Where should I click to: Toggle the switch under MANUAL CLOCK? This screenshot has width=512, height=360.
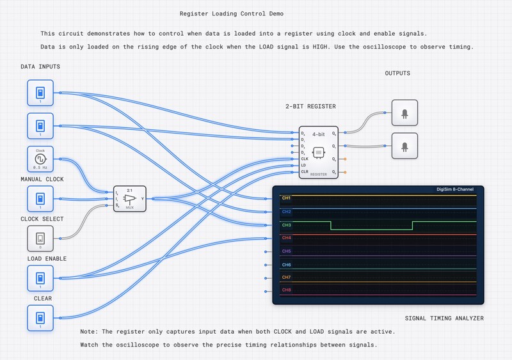pyautogui.click(x=40, y=198)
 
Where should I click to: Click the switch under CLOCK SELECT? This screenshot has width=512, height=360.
pyautogui.click(x=40, y=238)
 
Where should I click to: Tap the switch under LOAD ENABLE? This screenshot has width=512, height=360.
pyautogui.click(x=40, y=278)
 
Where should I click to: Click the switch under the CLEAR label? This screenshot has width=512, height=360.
pyautogui.click(x=40, y=318)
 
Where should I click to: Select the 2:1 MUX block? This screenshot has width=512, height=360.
pyautogui.click(x=130, y=198)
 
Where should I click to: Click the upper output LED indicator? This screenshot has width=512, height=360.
pyautogui.click(x=404, y=113)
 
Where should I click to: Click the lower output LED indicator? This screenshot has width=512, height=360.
pyautogui.click(x=404, y=146)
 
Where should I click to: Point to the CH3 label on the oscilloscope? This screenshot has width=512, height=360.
pyautogui.click(x=286, y=224)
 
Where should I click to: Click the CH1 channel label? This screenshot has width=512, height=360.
pyautogui.click(x=286, y=198)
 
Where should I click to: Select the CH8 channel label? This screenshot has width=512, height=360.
pyautogui.click(x=286, y=290)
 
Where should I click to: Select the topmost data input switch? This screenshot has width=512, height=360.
pyautogui.click(x=40, y=93)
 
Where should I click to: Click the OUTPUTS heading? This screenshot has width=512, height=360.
pyautogui.click(x=397, y=74)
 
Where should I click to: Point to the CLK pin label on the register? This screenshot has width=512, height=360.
pyautogui.click(x=305, y=158)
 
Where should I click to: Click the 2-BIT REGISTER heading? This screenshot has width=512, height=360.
pyautogui.click(x=310, y=106)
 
